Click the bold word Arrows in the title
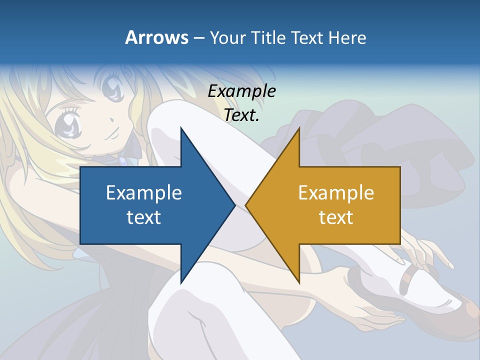(156, 37)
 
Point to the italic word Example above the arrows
(241, 91)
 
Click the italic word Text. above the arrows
(241, 115)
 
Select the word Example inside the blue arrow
(144, 192)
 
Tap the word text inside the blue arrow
(144, 217)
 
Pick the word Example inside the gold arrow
(336, 192)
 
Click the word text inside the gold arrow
(336, 217)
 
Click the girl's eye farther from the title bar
(69, 125)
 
